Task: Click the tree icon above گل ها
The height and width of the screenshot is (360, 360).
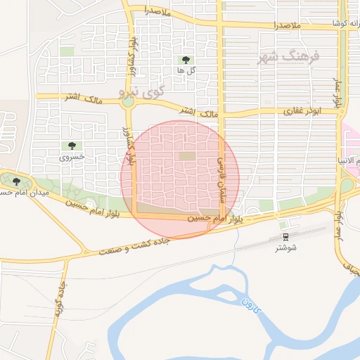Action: coord(186,60)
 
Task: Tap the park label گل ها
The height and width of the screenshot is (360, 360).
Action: coord(186,71)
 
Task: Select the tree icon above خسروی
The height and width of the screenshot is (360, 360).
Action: coord(72,146)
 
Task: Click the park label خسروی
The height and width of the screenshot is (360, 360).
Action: coord(72,157)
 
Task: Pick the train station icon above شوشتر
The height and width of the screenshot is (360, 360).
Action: coord(285,238)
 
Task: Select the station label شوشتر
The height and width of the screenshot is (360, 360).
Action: coord(285,248)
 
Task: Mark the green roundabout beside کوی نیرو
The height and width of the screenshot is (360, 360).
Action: coord(127,103)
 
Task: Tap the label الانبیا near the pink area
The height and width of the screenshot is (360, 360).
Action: coord(349,162)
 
